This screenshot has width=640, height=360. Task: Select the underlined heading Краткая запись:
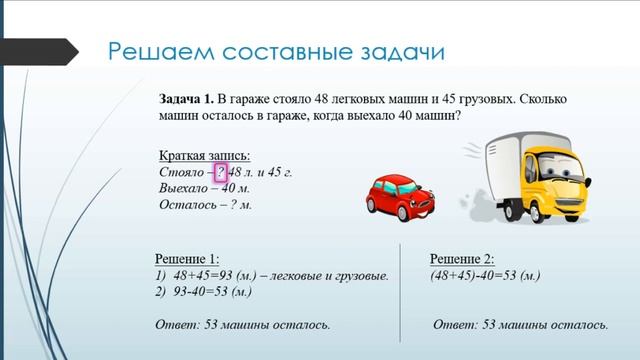pos(205,155)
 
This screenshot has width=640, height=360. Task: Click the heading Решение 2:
pos(461,257)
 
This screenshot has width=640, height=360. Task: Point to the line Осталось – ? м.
pos(205,205)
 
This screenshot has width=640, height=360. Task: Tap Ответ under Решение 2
pos(458,325)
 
